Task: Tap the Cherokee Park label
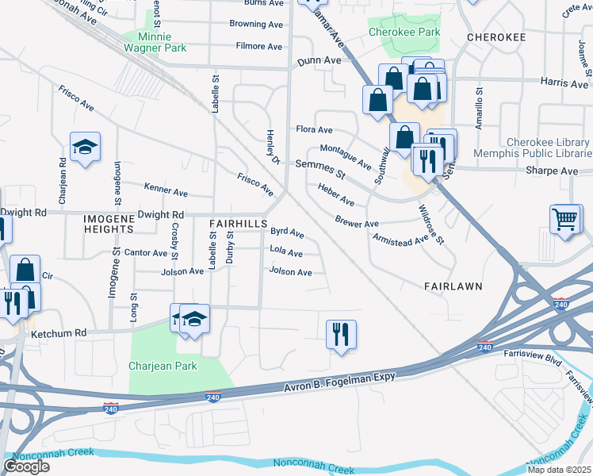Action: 404,33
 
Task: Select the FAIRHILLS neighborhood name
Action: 238,225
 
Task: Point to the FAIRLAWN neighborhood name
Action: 453,285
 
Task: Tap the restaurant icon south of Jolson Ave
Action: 341,333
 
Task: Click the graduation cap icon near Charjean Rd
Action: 85,147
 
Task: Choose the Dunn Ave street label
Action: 319,61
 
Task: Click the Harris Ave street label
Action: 564,83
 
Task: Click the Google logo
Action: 26,466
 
